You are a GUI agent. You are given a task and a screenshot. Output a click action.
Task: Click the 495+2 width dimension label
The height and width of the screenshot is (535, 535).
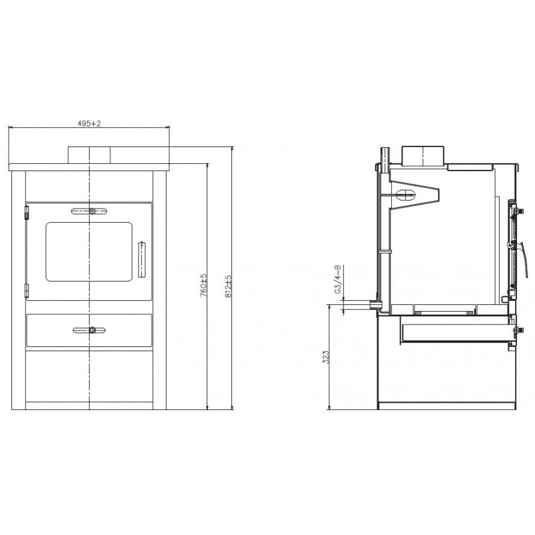[x=89, y=124]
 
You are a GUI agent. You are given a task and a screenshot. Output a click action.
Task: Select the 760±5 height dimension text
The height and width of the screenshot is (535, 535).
[x=203, y=285]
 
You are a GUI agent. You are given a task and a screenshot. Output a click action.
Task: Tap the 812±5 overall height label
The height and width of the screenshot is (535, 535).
[x=228, y=286]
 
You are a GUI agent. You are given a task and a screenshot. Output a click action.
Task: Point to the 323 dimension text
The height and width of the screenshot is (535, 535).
[x=326, y=357]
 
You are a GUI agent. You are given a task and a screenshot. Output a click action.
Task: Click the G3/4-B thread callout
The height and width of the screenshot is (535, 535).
[x=338, y=279]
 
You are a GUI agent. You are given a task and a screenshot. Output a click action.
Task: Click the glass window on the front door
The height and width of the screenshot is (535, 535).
[x=89, y=252]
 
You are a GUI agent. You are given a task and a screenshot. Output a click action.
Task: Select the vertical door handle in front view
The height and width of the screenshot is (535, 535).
[x=142, y=259]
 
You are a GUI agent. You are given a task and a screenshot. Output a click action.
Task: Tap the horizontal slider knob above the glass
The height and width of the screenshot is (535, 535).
[x=90, y=211]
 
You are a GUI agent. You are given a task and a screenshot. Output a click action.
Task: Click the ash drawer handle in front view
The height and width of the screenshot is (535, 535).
[x=90, y=330]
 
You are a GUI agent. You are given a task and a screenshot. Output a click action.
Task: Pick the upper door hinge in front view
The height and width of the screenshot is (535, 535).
[x=27, y=212]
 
